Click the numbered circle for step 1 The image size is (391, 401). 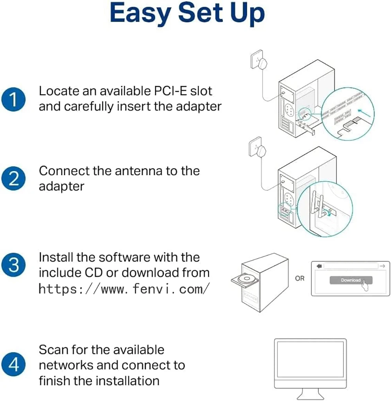click(13, 99)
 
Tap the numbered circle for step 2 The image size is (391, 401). click(13, 178)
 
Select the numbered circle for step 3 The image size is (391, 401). click(13, 265)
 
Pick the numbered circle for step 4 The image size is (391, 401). click(13, 365)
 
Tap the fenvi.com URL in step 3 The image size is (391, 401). click(124, 289)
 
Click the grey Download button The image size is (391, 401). click(350, 280)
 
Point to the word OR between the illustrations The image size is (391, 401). click(300, 279)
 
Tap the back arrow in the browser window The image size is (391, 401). click(319, 266)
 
